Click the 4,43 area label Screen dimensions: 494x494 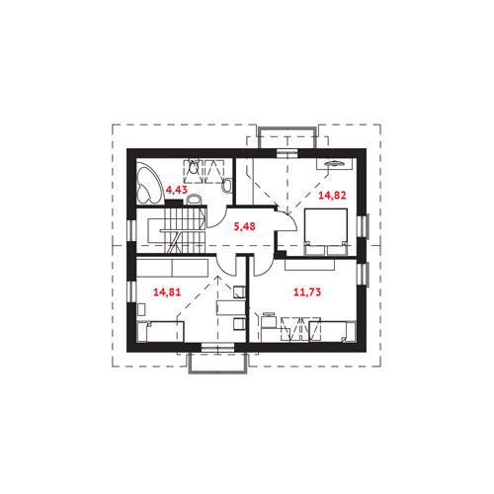click(176, 190)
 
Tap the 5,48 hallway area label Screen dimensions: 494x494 click(244, 226)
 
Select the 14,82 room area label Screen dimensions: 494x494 click(332, 196)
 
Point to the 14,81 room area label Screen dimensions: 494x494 click(167, 291)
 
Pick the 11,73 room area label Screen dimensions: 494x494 click(307, 291)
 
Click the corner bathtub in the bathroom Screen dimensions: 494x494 click(149, 186)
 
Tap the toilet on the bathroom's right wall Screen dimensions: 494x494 click(227, 186)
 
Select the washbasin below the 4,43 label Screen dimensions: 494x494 click(194, 200)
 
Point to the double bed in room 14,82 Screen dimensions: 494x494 click(326, 232)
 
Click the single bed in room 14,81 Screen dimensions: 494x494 click(161, 332)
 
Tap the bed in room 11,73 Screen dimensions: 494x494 click(333, 332)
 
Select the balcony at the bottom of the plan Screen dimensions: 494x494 click(217, 363)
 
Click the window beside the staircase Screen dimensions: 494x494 click(131, 229)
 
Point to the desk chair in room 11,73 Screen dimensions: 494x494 click(270, 322)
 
